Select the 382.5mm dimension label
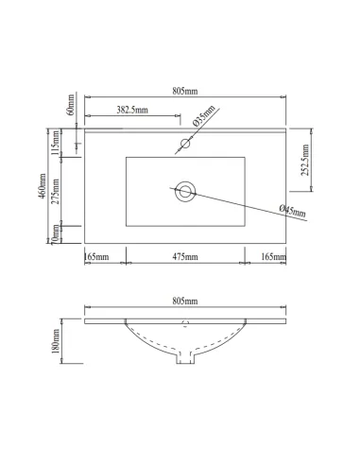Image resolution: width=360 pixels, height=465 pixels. tap(131, 111)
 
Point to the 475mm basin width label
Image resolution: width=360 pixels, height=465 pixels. tap(185, 256)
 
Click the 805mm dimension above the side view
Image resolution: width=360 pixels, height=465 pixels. tap(185, 301)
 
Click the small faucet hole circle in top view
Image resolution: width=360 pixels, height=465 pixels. tap(185, 146)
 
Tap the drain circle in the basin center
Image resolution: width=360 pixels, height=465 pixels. tap(185, 192)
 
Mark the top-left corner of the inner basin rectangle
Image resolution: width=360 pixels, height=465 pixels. tap(126, 158)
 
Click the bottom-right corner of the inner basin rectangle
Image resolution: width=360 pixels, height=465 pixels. tap(245, 227)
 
